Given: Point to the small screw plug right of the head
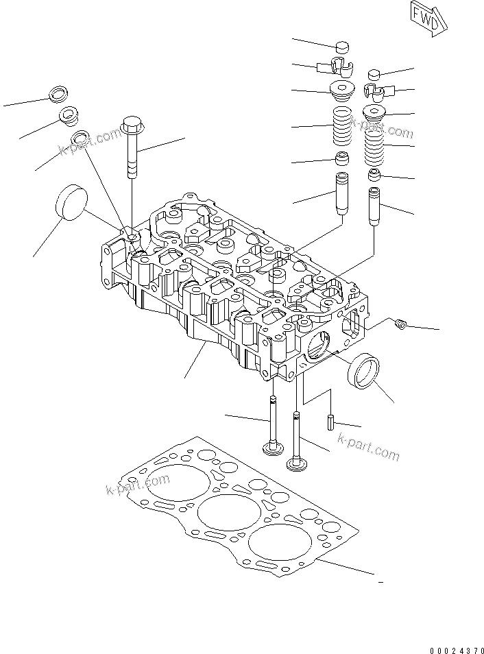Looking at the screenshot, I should pos(402,323).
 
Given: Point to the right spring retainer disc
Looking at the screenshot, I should pos(374,114).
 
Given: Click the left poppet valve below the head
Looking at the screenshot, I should pos(272,432).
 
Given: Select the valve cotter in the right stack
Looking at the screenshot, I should pos(374,90).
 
